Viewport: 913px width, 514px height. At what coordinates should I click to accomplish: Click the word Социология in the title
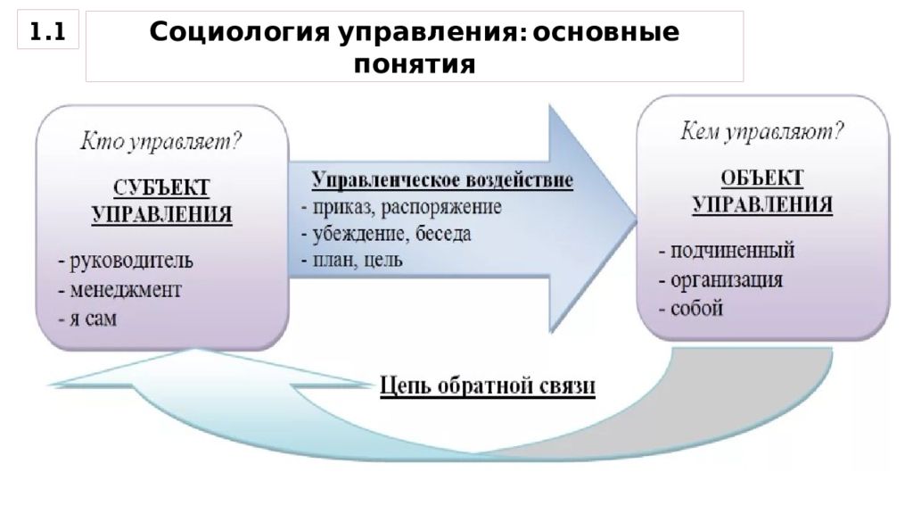tap(240, 33)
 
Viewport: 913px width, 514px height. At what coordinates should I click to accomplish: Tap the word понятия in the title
tap(415, 64)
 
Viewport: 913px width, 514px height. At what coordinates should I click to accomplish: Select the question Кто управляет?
tap(160, 142)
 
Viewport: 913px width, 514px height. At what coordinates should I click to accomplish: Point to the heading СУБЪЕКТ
tap(161, 187)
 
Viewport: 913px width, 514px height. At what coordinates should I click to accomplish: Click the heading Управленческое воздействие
tap(442, 180)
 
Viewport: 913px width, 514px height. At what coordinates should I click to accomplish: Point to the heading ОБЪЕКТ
tap(762, 178)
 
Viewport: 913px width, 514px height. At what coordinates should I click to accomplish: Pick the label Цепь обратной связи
tap(488, 385)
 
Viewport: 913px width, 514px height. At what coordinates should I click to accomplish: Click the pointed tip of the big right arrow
tap(636, 220)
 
